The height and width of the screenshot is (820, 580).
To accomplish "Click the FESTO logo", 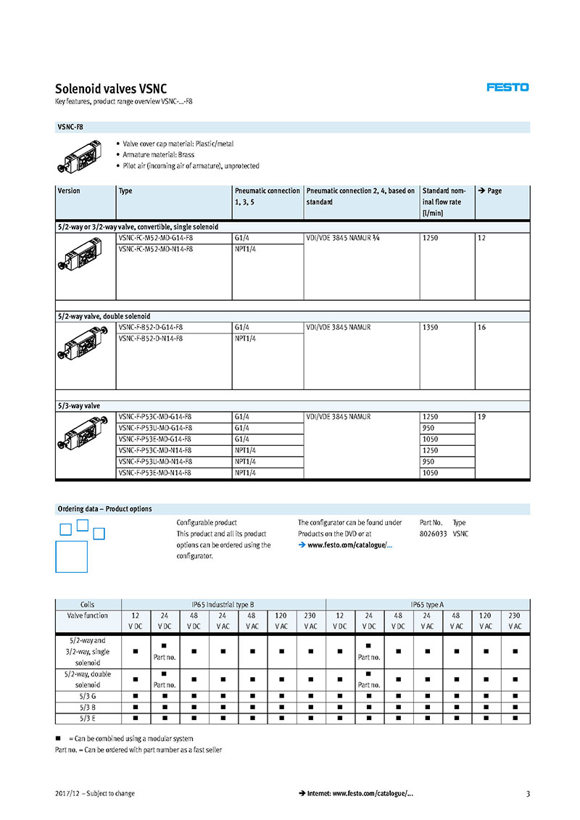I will (507, 87).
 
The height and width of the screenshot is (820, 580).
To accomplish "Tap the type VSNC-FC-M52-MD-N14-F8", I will (156, 249).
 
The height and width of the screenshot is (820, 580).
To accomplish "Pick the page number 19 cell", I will (482, 417).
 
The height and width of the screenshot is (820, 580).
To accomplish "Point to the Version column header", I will (69, 191).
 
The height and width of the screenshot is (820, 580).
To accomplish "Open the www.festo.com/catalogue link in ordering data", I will (349, 545).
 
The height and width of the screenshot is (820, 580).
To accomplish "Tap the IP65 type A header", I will (427, 604).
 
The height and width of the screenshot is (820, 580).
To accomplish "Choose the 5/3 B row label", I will (88, 707).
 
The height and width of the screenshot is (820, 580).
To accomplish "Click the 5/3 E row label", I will (88, 718).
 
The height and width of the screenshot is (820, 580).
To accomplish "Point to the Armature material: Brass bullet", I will (158, 155).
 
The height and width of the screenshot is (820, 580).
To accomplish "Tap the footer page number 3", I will (528, 793).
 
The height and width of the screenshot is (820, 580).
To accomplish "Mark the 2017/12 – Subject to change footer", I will (95, 793).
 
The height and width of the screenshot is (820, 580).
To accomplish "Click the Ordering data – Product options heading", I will (105, 509).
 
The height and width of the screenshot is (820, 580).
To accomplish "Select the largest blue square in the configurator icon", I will (71, 556).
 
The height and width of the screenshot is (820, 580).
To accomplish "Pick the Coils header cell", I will (88, 604).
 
